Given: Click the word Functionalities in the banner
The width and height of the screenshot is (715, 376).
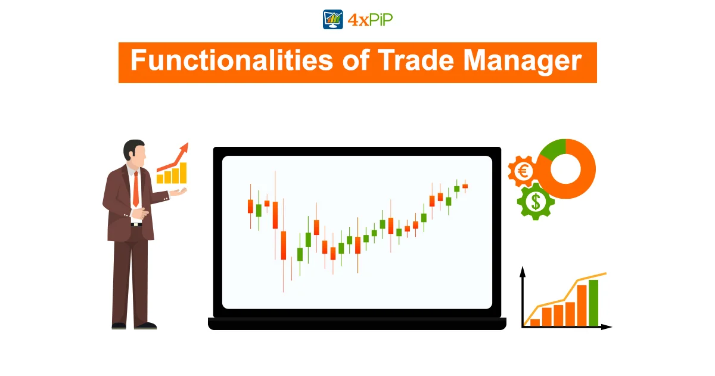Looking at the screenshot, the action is pyautogui.click(x=232, y=60).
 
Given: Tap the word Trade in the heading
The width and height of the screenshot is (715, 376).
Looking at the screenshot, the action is pyautogui.click(x=416, y=60).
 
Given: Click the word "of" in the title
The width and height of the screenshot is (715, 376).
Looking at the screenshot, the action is pyautogui.click(x=356, y=60).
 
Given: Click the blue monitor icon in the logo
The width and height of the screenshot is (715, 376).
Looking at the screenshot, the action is pyautogui.click(x=333, y=20).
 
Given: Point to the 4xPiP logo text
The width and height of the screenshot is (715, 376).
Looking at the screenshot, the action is pyautogui.click(x=370, y=20).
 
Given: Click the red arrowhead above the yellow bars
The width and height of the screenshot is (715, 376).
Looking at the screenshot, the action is pyautogui.click(x=184, y=148).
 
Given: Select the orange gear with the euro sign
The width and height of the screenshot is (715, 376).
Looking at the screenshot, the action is pyautogui.click(x=523, y=171).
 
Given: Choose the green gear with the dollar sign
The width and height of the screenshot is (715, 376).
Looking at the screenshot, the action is pyautogui.click(x=536, y=202).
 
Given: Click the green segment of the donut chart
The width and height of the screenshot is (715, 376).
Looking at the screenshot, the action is pyautogui.click(x=554, y=149).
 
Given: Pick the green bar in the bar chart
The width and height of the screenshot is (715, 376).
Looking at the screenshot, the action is pyautogui.click(x=593, y=303).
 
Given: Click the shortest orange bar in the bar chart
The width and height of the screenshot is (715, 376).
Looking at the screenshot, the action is pyautogui.click(x=535, y=322).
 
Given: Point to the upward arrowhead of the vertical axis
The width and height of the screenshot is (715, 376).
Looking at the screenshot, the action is pyautogui.click(x=523, y=272).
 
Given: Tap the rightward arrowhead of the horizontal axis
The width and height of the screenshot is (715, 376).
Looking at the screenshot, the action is pyautogui.click(x=607, y=327).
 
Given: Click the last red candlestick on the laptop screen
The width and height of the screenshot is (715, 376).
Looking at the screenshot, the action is pyautogui.click(x=465, y=186).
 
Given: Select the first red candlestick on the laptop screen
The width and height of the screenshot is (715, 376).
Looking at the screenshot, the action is pyautogui.click(x=251, y=207).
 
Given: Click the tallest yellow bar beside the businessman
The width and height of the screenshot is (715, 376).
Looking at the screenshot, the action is pyautogui.click(x=183, y=172).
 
